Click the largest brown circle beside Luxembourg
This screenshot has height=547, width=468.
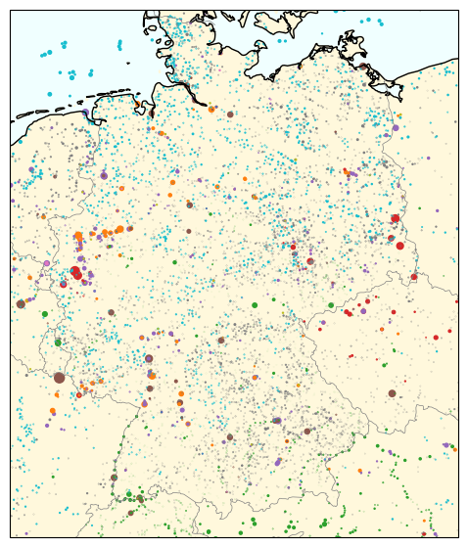(59, 377)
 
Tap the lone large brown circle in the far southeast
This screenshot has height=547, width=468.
(392, 393)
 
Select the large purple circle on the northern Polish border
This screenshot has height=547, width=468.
(396, 127)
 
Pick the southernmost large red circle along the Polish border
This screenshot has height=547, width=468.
(399, 246)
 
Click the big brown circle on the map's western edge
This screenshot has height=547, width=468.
(21, 304)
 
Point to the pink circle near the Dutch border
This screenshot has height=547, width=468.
(46, 263)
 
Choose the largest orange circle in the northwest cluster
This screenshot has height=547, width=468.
(78, 236)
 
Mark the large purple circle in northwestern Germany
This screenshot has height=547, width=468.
(104, 176)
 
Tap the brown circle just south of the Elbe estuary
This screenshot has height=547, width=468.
(230, 114)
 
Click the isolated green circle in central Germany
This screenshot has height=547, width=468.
(255, 305)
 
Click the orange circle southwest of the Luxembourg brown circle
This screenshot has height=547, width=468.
(52, 411)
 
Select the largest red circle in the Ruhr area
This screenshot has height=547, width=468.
(76, 273)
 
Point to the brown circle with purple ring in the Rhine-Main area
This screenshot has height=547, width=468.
(149, 359)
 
